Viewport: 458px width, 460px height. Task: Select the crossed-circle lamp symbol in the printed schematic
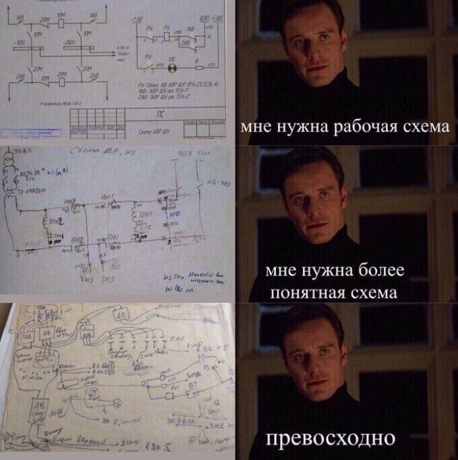click(x=175, y=67)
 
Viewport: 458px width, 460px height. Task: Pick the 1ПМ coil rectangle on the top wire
click(x=60, y=20)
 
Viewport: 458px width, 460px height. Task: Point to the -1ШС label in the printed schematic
click(x=138, y=20)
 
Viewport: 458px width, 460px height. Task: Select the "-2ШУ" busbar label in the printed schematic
click(x=68, y=43)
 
